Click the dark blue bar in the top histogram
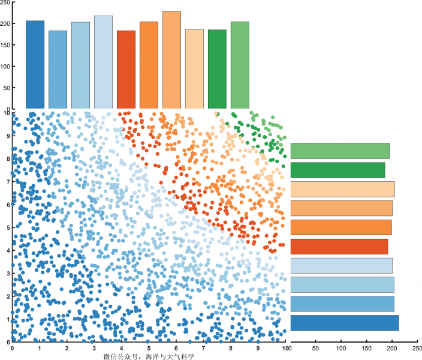(x=35, y=65)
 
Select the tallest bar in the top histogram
(x=171, y=60)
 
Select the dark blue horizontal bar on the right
(x=344, y=323)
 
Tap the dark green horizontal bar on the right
(x=337, y=170)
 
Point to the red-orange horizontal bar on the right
(x=339, y=247)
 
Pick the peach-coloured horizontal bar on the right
(x=342, y=189)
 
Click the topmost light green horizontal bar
(x=339, y=151)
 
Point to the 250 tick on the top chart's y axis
(x=5, y=2)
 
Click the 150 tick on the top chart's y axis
(x=5, y=45)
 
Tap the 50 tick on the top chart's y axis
(x=7, y=88)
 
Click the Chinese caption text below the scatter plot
(x=149, y=356)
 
